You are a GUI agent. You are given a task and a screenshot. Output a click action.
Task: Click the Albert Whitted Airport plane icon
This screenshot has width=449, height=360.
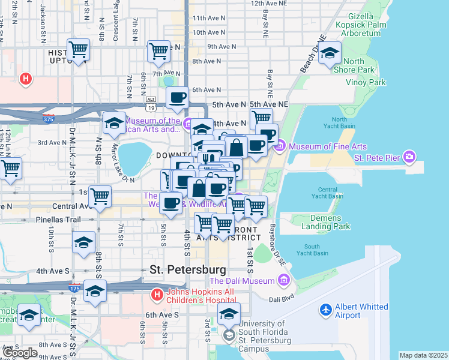point(326,310)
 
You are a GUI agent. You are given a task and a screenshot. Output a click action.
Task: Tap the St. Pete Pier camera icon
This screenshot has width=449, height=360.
point(410,157)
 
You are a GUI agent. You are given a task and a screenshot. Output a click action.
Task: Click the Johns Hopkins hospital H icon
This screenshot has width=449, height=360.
point(157,295)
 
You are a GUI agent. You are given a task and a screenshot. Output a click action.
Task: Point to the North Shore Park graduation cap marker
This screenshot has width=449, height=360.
point(330,54)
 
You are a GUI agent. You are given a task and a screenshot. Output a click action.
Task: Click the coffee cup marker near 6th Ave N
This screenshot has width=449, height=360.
point(176,98)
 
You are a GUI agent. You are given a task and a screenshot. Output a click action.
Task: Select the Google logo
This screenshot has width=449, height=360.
point(19,352)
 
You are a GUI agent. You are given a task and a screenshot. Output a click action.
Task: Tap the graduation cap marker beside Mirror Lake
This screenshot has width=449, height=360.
point(114,123)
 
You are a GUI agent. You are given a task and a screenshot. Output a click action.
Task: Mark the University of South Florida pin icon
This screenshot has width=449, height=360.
point(228,335)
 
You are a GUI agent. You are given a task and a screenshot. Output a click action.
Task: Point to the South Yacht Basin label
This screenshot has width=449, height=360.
point(316,250)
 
